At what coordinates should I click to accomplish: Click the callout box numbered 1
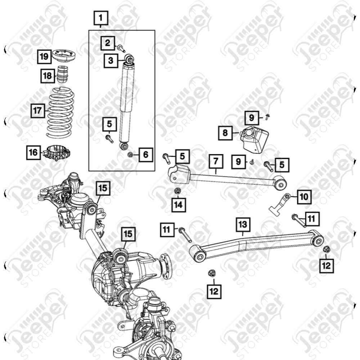click(x=101, y=18)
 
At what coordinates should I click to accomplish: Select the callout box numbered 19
click(x=44, y=57)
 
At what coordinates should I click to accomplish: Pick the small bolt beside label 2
click(x=121, y=49)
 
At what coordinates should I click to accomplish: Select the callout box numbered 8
click(x=225, y=133)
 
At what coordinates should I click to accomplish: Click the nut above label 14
click(x=177, y=190)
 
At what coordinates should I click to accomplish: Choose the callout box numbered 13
click(x=243, y=225)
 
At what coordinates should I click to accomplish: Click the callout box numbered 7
click(x=216, y=161)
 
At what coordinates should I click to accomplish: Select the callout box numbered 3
click(x=111, y=60)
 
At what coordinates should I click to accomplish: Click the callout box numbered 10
click(x=304, y=197)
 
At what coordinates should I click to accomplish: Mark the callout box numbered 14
click(x=179, y=205)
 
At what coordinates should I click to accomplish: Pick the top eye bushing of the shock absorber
click(x=129, y=59)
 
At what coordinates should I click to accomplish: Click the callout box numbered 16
click(x=33, y=152)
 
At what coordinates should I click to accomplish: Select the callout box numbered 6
click(x=146, y=155)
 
